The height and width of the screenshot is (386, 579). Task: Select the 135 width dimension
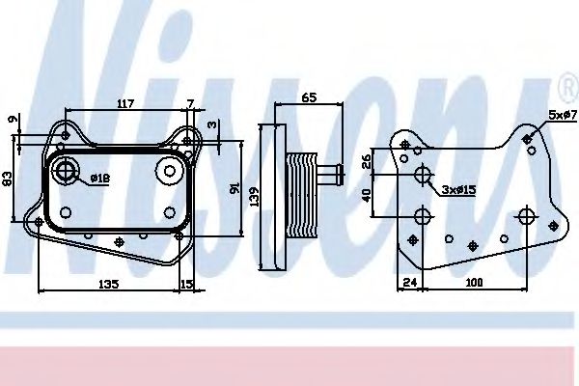pos(108,284)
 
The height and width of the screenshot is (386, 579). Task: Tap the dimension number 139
pos(253,195)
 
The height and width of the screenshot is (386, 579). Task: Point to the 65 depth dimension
pos(310,98)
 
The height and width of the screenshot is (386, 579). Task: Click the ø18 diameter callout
pos(98,179)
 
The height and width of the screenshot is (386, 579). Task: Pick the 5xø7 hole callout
pos(563,115)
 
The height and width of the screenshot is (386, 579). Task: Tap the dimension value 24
pos(409,283)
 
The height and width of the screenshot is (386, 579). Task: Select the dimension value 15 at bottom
pos(186,284)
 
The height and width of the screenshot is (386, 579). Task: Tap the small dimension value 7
pos(190,102)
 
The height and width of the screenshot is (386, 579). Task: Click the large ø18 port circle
pos(67,174)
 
